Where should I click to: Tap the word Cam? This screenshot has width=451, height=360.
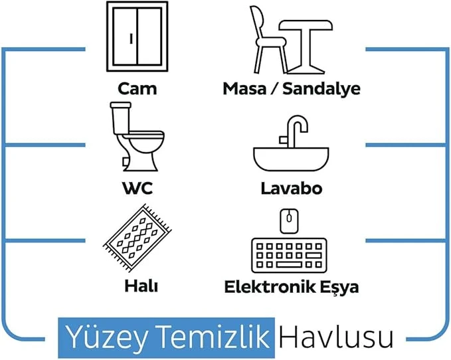point(137,88)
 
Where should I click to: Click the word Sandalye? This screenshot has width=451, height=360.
point(321,89)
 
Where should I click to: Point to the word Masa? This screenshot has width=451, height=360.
point(244,89)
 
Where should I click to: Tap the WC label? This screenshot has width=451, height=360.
point(137,189)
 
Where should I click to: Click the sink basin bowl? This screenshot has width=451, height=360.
point(291,159)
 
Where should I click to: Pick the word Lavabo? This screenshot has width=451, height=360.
point(291,189)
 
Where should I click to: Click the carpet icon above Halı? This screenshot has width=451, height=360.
point(137,238)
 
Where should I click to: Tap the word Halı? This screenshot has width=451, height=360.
point(141,286)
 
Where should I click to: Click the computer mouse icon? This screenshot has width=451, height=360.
point(289,221)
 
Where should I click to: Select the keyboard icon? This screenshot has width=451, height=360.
point(289,255)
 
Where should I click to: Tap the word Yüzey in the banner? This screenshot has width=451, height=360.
point(106,337)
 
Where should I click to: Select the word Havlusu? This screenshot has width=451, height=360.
point(335,337)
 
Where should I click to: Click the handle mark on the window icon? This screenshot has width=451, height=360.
point(131,39)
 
